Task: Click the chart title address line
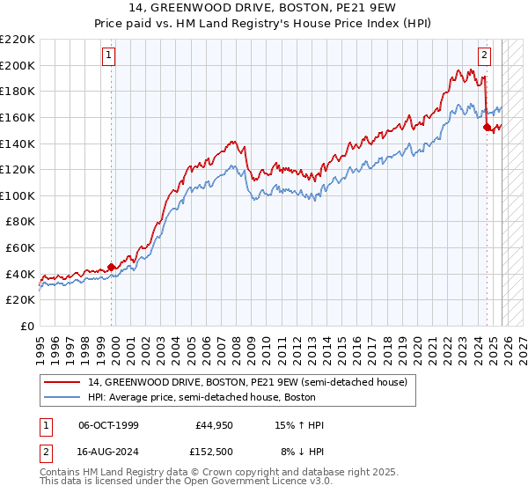click(x=264, y=10)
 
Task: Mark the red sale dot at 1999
click(x=111, y=267)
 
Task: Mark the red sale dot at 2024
click(x=487, y=127)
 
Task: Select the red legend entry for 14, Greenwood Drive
click(x=247, y=383)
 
